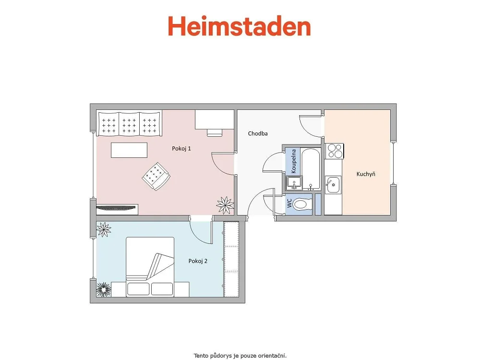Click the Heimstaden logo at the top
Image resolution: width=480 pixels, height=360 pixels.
point(240,26)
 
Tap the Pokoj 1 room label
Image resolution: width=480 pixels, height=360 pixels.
point(181,148)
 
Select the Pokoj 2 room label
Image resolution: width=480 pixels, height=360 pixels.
point(198,261)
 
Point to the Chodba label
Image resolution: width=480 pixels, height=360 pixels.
point(258,133)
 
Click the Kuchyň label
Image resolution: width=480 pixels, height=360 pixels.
point(366,174)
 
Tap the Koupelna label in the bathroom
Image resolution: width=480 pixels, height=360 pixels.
point(294,161)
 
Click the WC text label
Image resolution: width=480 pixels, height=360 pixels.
point(289,203)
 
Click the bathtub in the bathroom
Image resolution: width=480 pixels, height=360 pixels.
point(311,168)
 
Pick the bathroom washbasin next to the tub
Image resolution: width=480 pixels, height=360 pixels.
point(294,183)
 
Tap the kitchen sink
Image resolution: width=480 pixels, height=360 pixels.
point(333,185)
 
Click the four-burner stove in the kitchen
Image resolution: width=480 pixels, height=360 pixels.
point(334,151)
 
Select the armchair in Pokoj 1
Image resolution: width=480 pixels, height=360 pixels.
point(156,176)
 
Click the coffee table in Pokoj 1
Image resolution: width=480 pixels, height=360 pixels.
point(129,150)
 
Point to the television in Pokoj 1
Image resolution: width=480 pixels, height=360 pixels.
point(116,207)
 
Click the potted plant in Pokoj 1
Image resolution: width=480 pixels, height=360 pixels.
point(225,205)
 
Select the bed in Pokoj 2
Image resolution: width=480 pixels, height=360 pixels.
point(150,266)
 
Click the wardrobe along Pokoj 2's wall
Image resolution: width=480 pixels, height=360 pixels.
point(231,259)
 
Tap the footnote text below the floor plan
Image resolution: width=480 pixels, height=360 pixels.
point(240,356)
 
